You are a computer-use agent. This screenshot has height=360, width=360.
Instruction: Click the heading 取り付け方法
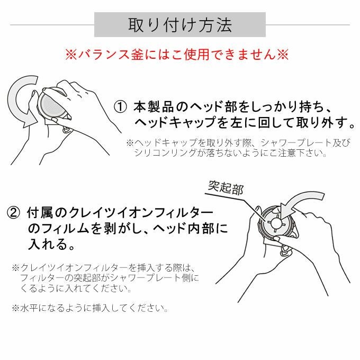click(180, 25)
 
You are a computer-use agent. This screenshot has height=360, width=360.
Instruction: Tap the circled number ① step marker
click(120, 107)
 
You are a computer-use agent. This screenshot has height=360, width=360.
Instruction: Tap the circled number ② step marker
click(13, 213)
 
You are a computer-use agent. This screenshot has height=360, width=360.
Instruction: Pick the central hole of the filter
click(275, 222)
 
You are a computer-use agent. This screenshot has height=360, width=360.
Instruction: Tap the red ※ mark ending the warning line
click(283, 55)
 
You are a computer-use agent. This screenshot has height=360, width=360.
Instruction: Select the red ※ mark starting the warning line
click(71, 55)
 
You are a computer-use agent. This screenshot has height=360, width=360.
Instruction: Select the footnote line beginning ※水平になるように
click(90, 308)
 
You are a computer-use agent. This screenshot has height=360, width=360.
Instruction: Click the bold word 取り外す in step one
click(322, 122)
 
